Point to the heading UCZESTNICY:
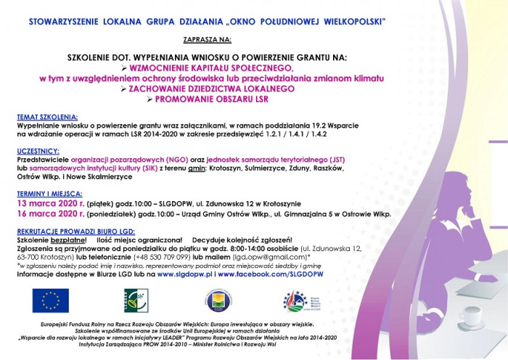(40, 151)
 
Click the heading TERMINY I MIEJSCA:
(51, 195)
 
